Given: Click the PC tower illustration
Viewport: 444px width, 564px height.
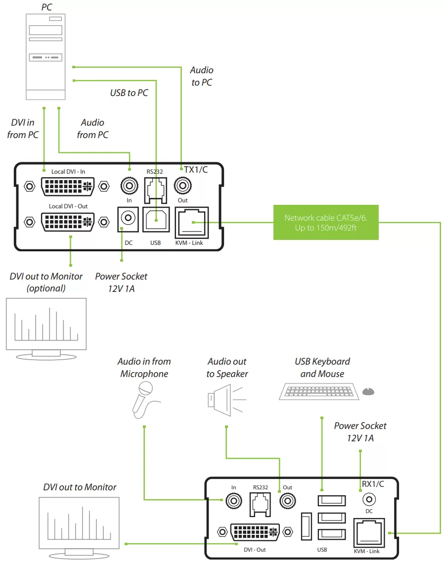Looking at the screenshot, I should pyautogui.click(x=46, y=57).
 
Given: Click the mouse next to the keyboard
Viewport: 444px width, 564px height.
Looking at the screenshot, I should pyautogui.click(x=368, y=391).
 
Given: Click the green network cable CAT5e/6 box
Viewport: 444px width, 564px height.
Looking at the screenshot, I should pyautogui.click(x=326, y=223).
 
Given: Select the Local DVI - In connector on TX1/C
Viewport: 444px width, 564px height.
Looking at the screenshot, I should pyautogui.click(x=66, y=187).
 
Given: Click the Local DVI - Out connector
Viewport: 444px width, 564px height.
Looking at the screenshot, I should pyautogui.click(x=67, y=221).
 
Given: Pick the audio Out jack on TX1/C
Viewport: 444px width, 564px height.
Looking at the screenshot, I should pyautogui.click(x=183, y=187).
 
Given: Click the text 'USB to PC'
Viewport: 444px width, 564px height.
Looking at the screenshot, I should pyautogui.click(x=129, y=93).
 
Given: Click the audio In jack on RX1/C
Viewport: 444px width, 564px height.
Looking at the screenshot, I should pyautogui.click(x=233, y=501).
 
